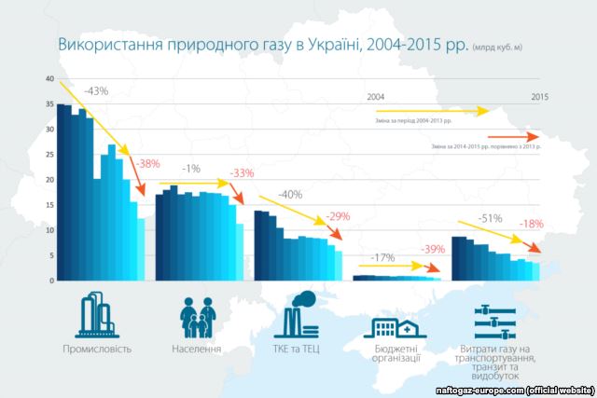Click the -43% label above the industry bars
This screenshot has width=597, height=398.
pyautogui.click(x=96, y=91)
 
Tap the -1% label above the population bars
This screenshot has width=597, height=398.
pyautogui.click(x=192, y=169)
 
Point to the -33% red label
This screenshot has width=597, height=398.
pyautogui.click(x=242, y=173)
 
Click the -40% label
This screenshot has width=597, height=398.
pyautogui.click(x=290, y=195)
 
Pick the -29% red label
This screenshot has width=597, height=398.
pyautogui.click(x=338, y=217)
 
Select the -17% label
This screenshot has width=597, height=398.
pyautogui.click(x=381, y=256)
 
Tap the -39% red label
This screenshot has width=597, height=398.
pyautogui.click(x=433, y=250)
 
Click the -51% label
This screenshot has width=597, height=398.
pyautogui.click(x=490, y=219)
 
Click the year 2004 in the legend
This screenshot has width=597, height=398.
pyautogui.click(x=376, y=97)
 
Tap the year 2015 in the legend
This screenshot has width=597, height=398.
pyautogui.click(x=539, y=97)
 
